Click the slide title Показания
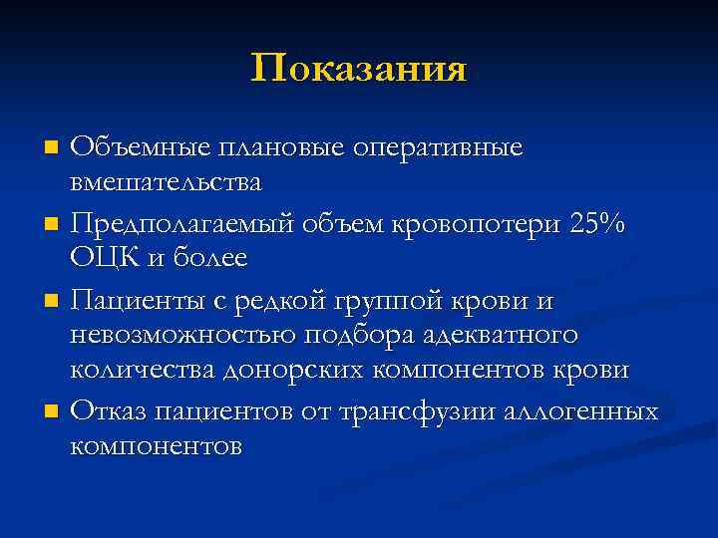(x=359, y=70)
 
